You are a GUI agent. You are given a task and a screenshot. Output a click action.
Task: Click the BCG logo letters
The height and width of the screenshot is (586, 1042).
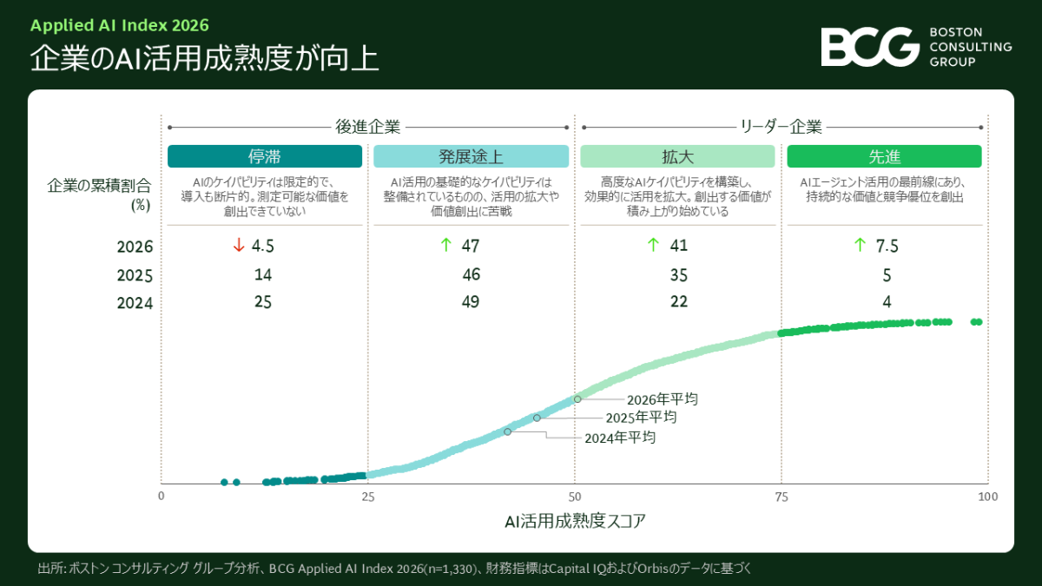tap(869, 47)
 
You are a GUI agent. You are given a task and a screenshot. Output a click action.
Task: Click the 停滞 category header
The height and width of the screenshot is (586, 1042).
tap(265, 156)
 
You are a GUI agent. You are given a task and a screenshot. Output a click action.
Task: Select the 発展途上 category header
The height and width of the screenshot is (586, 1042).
tap(471, 156)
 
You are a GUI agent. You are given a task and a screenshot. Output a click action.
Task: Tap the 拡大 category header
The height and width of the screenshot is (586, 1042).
tap(677, 156)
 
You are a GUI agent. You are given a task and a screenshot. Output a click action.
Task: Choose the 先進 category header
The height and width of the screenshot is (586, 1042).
tap(884, 156)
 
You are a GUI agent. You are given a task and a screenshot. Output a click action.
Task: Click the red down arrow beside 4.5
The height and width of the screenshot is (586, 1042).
tap(239, 245)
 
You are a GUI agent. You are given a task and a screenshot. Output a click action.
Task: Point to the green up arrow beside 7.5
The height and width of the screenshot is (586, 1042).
tap(861, 245)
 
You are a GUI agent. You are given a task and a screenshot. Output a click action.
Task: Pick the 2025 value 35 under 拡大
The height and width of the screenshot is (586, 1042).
tap(679, 275)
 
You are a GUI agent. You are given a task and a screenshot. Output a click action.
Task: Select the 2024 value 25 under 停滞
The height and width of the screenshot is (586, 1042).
tap(263, 302)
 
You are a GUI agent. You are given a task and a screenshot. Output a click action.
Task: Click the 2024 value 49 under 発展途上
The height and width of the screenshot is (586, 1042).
tap(471, 302)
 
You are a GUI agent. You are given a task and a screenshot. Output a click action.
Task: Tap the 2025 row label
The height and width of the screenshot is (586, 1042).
tap(135, 275)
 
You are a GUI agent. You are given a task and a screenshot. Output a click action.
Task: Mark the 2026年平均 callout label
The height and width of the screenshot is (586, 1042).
tap(663, 399)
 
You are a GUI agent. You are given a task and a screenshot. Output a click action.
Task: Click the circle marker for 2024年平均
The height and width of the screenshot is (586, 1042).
tap(507, 431)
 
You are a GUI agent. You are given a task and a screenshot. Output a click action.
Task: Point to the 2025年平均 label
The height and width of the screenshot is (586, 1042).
tap(641, 418)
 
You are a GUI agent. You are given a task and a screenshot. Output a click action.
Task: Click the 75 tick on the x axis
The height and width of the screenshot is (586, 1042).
tap(781, 497)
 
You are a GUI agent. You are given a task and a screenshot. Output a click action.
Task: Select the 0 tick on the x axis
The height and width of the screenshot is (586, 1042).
tap(161, 496)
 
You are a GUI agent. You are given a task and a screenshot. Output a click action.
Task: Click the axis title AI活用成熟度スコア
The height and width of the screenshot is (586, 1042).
tap(575, 521)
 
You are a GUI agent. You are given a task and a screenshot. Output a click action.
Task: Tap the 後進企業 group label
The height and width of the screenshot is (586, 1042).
tap(368, 127)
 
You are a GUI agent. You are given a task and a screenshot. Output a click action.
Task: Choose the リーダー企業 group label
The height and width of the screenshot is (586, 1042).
tap(781, 127)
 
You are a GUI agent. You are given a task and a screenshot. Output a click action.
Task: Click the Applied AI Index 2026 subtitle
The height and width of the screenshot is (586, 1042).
tap(120, 25)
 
